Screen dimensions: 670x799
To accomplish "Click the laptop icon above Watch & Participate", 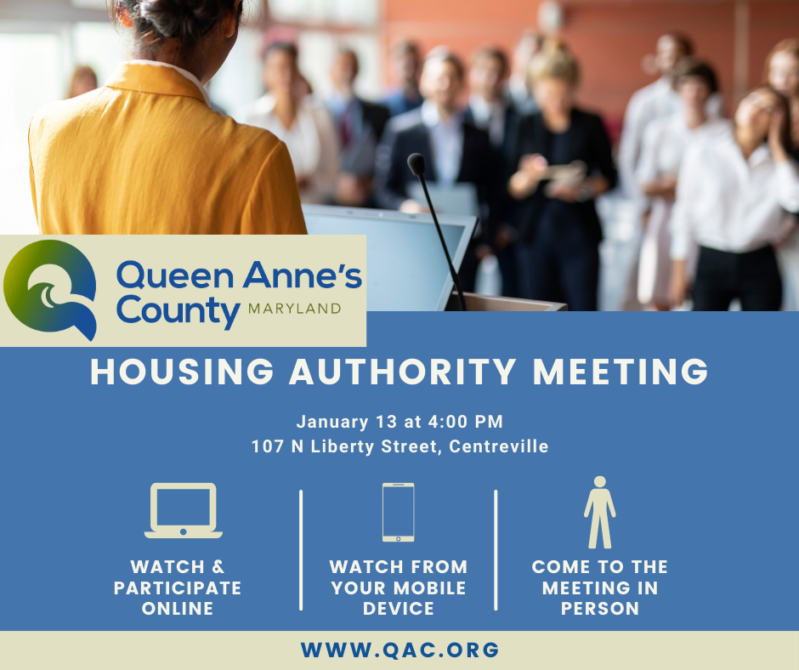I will pos(183,510).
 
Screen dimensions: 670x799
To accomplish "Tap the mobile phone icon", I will pos(398,512).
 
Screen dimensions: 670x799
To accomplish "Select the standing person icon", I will pos(599,512).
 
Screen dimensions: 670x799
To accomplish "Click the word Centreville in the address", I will pos(498,446).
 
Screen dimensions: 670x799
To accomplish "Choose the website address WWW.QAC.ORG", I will pos(399,650).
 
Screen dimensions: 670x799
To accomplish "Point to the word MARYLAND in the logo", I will pos(294,308).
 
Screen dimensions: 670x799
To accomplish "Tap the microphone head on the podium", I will pos(416,164).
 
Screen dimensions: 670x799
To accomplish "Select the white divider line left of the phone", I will pos(301,549).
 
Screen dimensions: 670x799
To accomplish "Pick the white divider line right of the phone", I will pos(496,549).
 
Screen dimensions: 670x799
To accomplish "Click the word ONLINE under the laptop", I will pos(177,609).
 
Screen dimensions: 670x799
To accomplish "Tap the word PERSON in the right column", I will pos(599,609).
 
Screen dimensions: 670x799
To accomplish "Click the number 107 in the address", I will pos(267,446).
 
